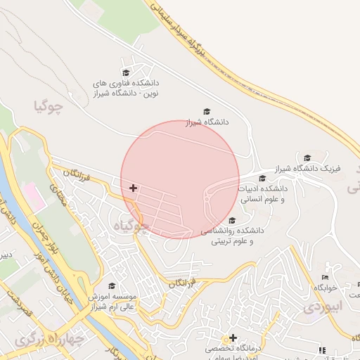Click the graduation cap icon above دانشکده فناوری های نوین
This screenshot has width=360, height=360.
[x=127, y=72]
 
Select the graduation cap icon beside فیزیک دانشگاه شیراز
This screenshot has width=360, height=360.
[x=307, y=157]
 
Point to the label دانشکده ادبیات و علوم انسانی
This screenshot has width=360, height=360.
[x=263, y=194]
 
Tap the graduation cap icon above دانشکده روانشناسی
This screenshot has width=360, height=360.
[x=252, y=219]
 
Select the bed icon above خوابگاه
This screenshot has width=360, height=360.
[x=325, y=277]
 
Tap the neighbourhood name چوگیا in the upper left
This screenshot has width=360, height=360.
[x=48, y=107]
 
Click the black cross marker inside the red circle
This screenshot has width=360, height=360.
[x=133, y=188]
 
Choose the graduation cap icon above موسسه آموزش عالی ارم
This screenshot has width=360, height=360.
[x=111, y=286]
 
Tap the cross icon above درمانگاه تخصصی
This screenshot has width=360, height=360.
[x=233, y=337]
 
